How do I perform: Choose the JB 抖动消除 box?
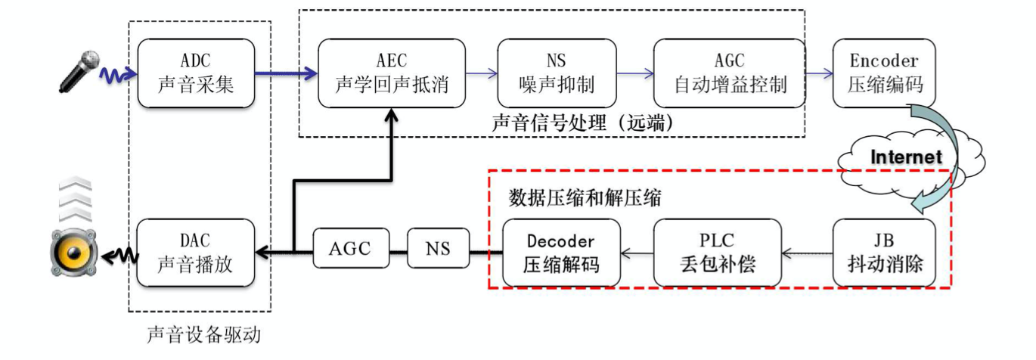(884, 253)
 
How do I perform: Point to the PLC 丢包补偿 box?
(717, 253)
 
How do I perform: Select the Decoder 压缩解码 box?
(560, 253)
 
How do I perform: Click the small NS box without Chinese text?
(437, 249)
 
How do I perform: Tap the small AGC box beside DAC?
(350, 249)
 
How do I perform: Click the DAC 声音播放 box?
(196, 253)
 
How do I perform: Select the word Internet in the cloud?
(907, 157)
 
